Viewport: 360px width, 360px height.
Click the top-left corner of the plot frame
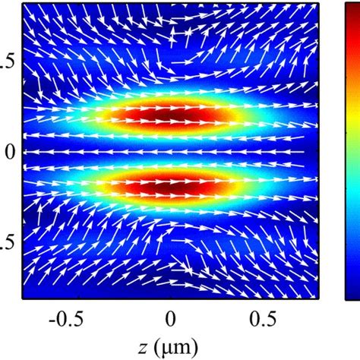[24, 2]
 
